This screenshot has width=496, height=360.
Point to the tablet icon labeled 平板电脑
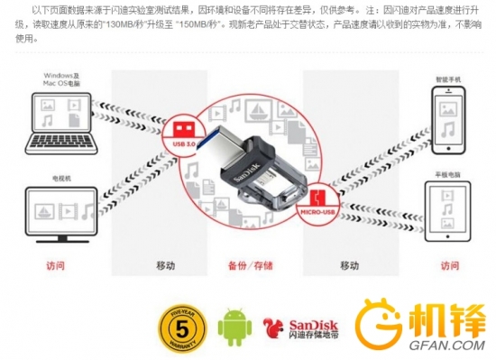(446, 212)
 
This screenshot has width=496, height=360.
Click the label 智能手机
(447, 80)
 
